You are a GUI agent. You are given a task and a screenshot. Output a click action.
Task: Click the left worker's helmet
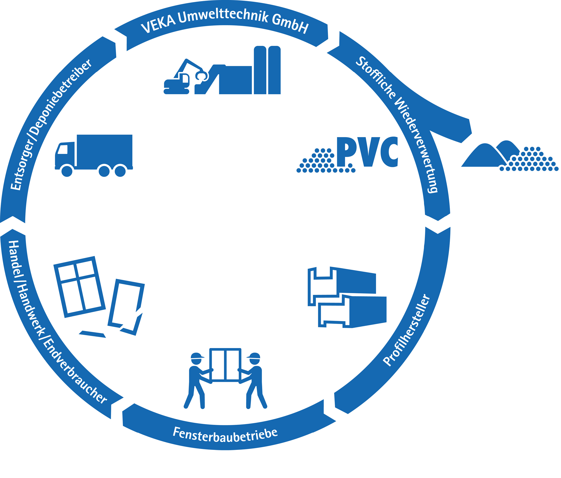coord(197,355)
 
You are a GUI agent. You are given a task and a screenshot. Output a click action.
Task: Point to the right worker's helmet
coord(254,355)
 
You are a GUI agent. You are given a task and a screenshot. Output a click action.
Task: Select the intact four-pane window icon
coord(79,286)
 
